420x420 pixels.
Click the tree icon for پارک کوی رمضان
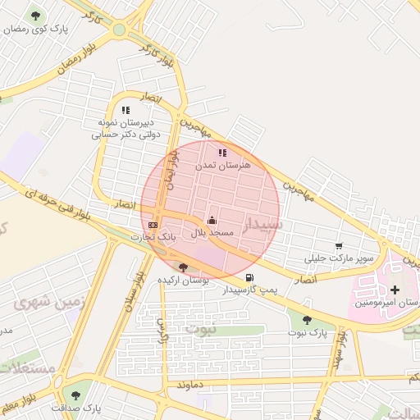[x=35, y=16]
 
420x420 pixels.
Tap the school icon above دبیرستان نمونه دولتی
[x=126, y=109]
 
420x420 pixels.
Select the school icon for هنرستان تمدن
[x=222, y=153]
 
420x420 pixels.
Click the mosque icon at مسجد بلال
[x=212, y=220]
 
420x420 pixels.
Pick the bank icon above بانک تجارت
[x=153, y=224]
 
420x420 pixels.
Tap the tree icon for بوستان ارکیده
[x=183, y=267]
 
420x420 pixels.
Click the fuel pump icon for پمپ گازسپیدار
[x=249, y=277]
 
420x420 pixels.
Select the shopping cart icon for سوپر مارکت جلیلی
[x=339, y=246]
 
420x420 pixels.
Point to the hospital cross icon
[x=396, y=290]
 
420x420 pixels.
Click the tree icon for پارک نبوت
[x=307, y=321]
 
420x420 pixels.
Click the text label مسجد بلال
[x=213, y=234]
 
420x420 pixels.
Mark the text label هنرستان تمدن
[x=223, y=166]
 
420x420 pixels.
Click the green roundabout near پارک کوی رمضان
[x=120, y=30]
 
